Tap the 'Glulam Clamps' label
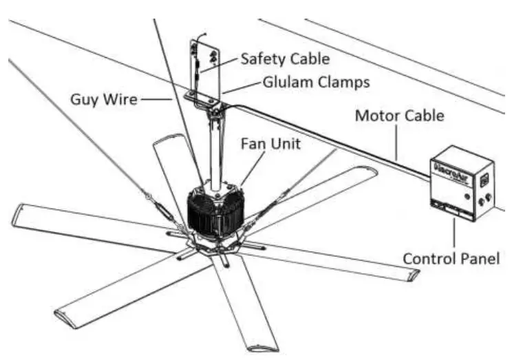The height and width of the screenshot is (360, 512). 316,83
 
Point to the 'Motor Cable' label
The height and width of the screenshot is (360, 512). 399,115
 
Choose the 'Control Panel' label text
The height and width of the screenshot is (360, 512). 451,259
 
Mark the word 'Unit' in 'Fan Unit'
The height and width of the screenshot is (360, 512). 281,145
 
